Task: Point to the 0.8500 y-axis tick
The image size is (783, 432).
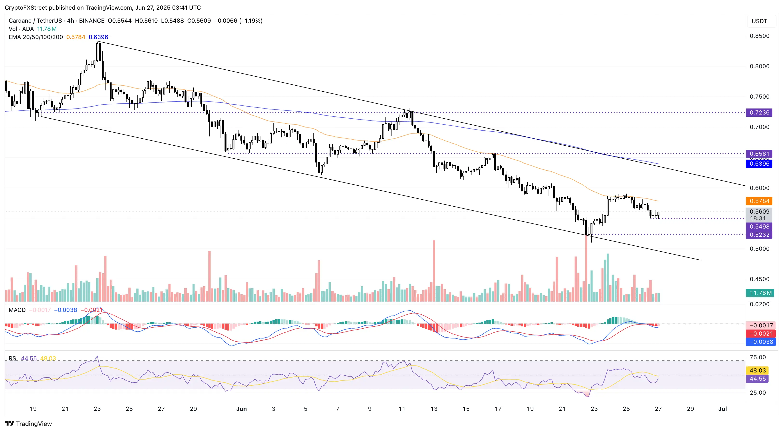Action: tap(759, 36)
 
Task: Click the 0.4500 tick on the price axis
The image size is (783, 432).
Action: tap(759, 279)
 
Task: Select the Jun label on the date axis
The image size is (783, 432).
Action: tap(241, 409)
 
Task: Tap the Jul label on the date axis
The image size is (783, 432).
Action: tap(722, 409)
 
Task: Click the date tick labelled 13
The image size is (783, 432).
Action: tap(434, 409)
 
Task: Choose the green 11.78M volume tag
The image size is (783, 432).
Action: tap(760, 293)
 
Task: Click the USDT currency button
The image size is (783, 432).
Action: tap(759, 21)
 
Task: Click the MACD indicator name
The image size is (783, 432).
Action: tap(17, 310)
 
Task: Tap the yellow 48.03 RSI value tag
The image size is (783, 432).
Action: tap(757, 370)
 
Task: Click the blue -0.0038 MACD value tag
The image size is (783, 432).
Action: tap(761, 342)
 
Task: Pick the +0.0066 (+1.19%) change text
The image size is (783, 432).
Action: tap(238, 21)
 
